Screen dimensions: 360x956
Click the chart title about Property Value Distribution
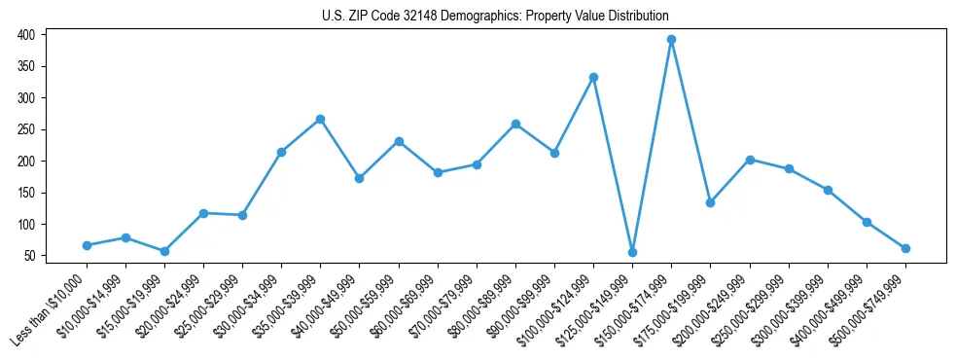[495, 17]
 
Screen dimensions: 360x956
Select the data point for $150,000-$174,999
[671, 40]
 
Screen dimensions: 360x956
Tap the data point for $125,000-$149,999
[632, 252]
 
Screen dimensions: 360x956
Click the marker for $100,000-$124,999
[593, 77]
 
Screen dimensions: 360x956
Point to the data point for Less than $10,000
[87, 245]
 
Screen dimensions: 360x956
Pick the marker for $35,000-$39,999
[320, 119]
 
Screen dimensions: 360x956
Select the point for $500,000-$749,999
[905, 248]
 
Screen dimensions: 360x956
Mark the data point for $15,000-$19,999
[164, 251]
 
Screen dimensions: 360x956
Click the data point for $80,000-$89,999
[515, 124]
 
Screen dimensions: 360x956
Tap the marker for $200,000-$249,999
[750, 160]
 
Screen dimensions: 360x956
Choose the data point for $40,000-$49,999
[359, 178]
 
